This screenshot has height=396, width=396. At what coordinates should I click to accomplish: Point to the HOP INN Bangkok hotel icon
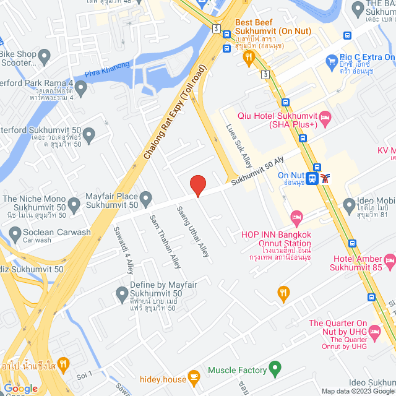pyautogui.click(x=296, y=217)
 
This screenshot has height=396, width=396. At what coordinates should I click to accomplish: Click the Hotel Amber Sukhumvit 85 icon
pyautogui.click(x=390, y=259)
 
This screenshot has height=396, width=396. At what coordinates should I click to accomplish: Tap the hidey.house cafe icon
pyautogui.click(x=194, y=376)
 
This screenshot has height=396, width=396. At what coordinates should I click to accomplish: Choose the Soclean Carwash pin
pyautogui.click(x=15, y=233)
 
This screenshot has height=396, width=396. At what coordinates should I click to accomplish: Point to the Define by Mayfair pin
pyautogui.click(x=122, y=291)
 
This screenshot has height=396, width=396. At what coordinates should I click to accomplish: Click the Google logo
pyautogui.click(x=21, y=388)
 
